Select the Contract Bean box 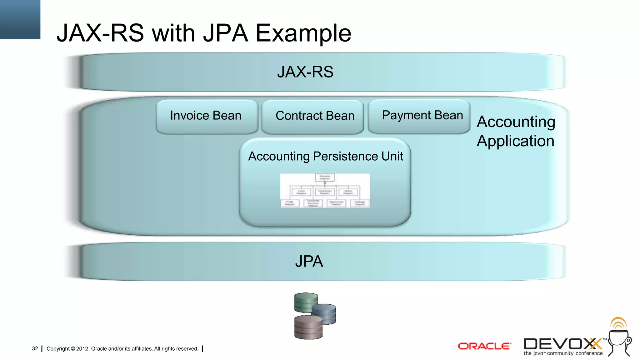pyautogui.click(x=313, y=116)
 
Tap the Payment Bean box pyautogui.click(x=419, y=116)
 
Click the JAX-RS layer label pyautogui.click(x=305, y=72)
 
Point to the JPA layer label pyautogui.click(x=309, y=261)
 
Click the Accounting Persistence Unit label pyautogui.click(x=325, y=156)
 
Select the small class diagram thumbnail pyautogui.click(x=325, y=191)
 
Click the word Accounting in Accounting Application pyautogui.click(x=516, y=122)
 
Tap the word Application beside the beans pyautogui.click(x=516, y=141)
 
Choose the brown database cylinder pyautogui.click(x=308, y=327)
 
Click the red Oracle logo pyautogui.click(x=484, y=346)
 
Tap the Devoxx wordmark pyautogui.click(x=562, y=344)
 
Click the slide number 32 pyautogui.click(x=35, y=348)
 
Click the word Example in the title pyautogui.click(x=303, y=33)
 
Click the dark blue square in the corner pyautogui.click(x=20, y=19)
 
